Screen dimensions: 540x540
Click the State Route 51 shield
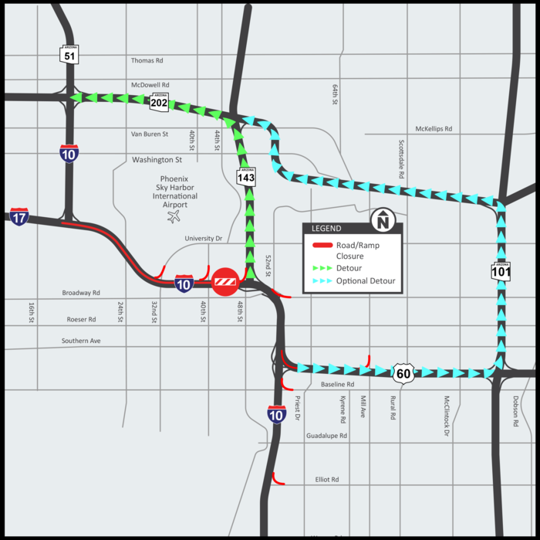69,54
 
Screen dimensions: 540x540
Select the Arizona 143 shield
246,177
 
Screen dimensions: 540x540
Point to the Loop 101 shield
501,270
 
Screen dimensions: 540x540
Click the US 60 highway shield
403,374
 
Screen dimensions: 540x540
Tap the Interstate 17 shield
19,217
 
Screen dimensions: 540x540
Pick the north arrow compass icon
382,221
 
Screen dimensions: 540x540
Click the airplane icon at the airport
174,217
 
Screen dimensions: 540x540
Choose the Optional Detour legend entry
366,281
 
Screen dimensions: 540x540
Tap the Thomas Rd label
147,60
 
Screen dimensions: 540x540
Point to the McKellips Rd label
434,129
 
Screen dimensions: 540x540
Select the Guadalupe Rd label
326,436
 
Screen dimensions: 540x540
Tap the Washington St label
157,160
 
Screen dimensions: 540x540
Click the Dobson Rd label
515,413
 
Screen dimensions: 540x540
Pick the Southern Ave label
81,341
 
